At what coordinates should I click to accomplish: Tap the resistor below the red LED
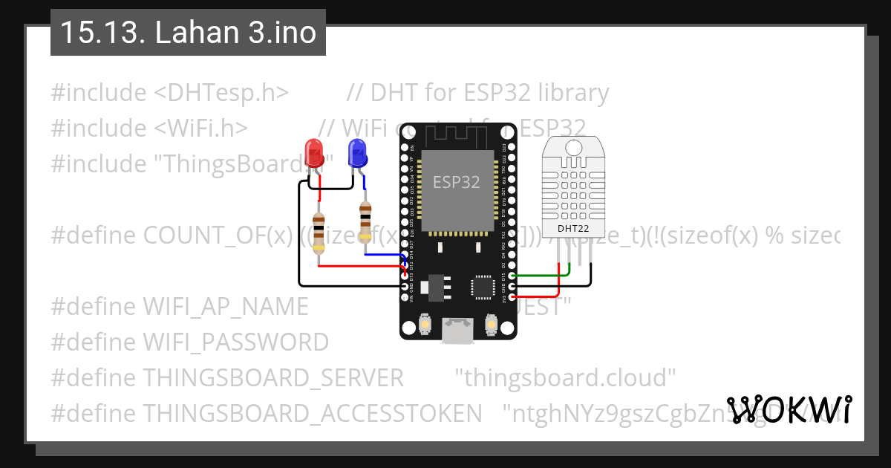(319, 233)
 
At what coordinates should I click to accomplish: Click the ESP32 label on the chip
(457, 182)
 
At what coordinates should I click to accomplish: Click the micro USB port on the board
(457, 331)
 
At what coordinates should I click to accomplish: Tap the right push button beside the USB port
(490, 324)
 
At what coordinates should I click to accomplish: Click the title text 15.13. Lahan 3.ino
(188, 33)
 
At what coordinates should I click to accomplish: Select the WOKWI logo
(789, 410)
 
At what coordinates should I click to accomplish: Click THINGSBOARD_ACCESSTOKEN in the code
(312, 413)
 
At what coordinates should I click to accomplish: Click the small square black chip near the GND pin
(482, 286)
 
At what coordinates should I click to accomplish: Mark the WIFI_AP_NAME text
(225, 307)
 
